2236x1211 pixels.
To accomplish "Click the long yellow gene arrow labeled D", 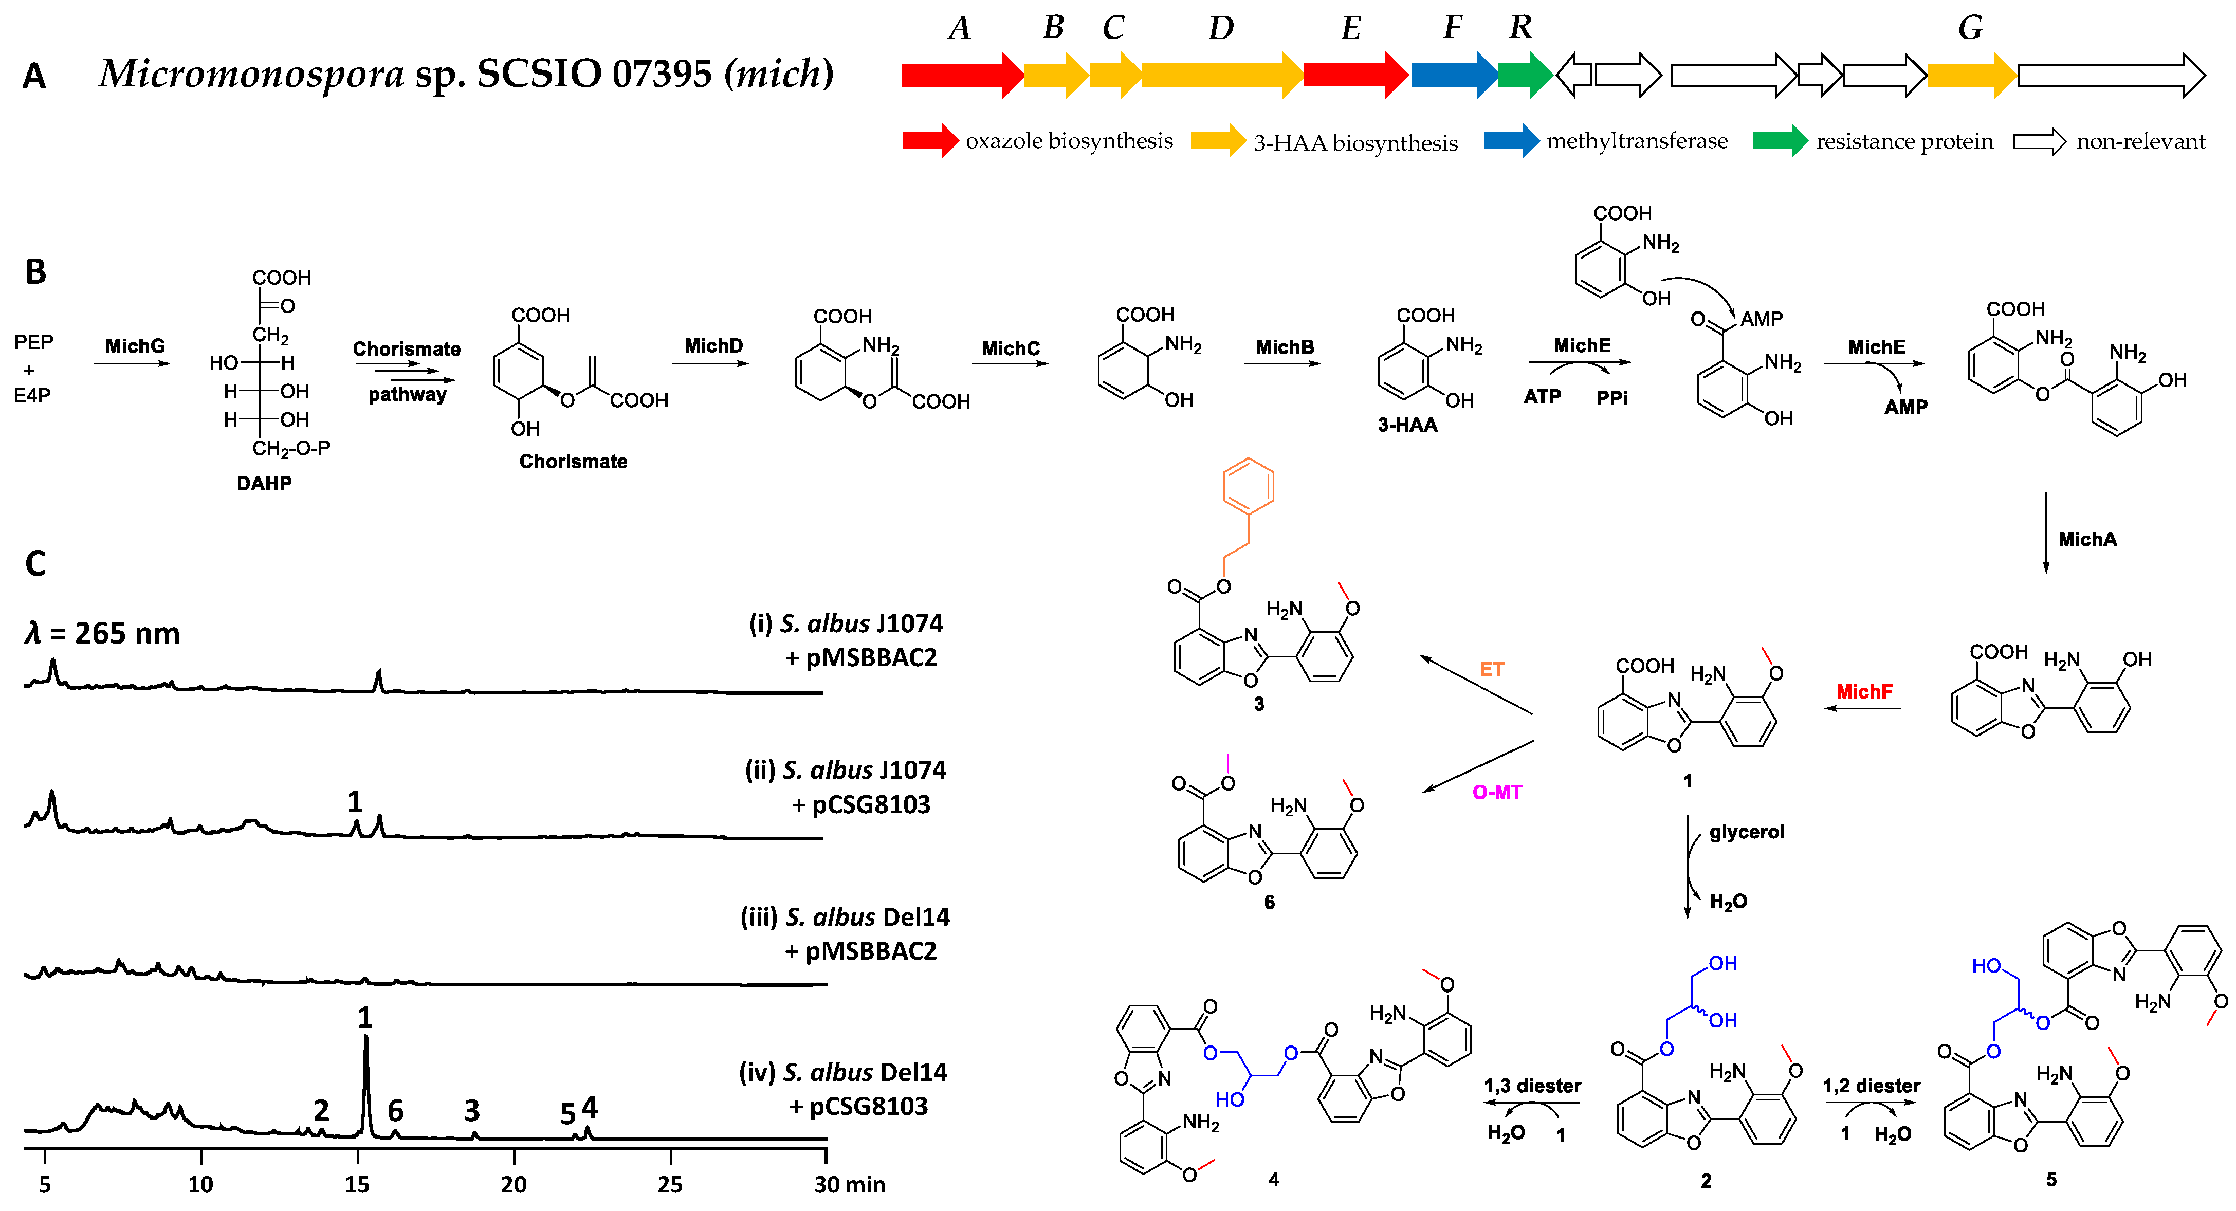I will point(1220,75).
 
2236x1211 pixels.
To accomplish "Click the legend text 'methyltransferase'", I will point(1636,141).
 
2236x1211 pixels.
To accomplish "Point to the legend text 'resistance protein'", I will point(1903,141).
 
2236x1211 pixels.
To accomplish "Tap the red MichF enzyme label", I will point(1864,692).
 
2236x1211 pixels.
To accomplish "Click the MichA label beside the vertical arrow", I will point(2087,539).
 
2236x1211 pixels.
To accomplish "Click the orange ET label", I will point(1491,669).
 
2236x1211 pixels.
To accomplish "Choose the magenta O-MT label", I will point(1496,793).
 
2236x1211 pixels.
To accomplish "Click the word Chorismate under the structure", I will point(573,462).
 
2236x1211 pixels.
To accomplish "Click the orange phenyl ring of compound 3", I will point(1248,486).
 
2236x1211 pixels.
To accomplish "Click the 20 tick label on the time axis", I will point(513,1184).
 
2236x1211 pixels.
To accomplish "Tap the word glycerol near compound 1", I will point(1747,832).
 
